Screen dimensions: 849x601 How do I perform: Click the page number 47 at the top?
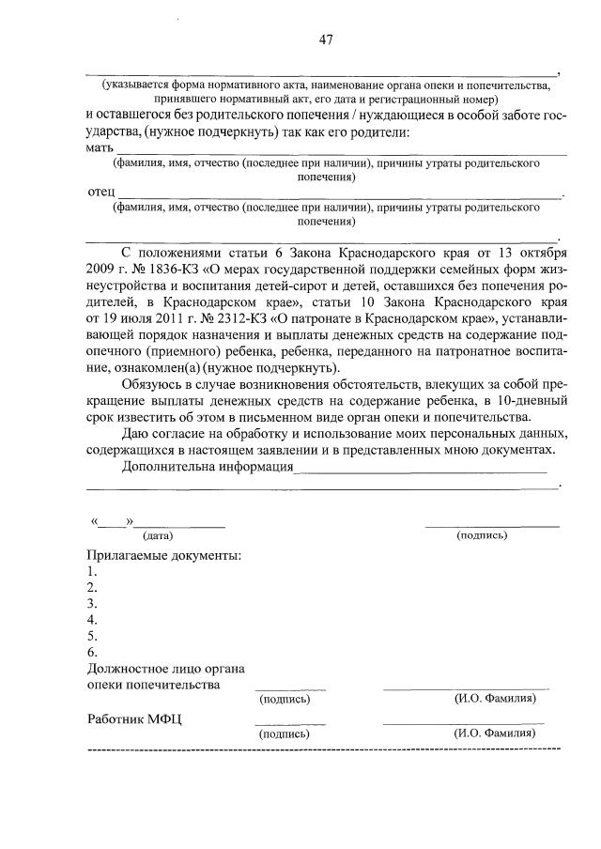pos(326,39)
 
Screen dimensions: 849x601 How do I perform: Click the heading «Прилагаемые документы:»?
pos(163,555)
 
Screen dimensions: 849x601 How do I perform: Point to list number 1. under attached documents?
pos(91,571)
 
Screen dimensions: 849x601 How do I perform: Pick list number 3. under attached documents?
pos(91,603)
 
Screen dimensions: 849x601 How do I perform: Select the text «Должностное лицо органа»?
pos(165,669)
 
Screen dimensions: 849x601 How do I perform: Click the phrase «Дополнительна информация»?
pos(208,466)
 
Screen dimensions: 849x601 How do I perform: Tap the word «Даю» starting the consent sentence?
pos(136,433)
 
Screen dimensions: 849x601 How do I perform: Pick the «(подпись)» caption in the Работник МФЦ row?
pos(284,734)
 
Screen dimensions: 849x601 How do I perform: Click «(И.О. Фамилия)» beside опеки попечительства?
pos(495,700)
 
